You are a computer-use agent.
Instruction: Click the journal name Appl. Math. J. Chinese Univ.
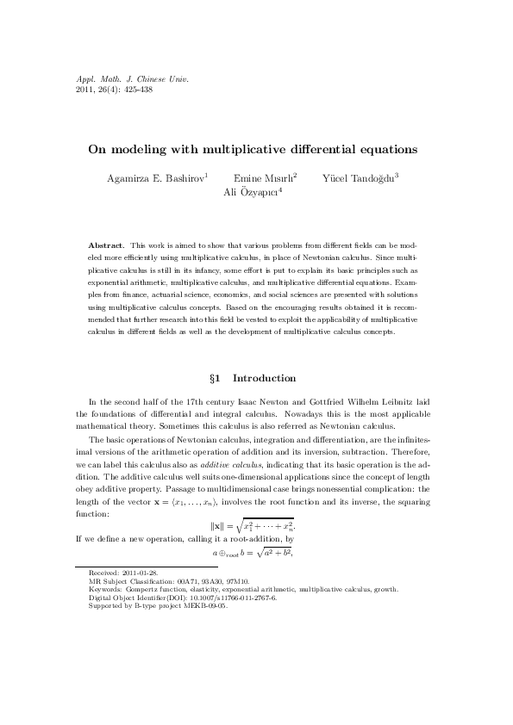click(120, 79)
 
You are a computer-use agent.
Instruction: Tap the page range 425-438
click(135, 90)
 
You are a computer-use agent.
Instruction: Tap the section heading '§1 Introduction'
click(256, 378)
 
